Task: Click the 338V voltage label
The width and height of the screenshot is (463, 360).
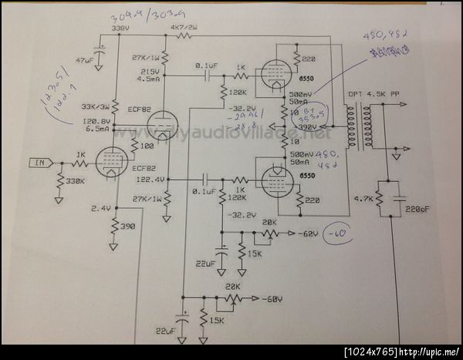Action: click(x=120, y=29)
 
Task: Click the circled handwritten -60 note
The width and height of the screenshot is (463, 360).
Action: click(x=339, y=234)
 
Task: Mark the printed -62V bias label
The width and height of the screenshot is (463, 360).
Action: click(x=308, y=233)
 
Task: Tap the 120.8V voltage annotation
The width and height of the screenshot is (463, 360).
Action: click(x=97, y=121)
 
